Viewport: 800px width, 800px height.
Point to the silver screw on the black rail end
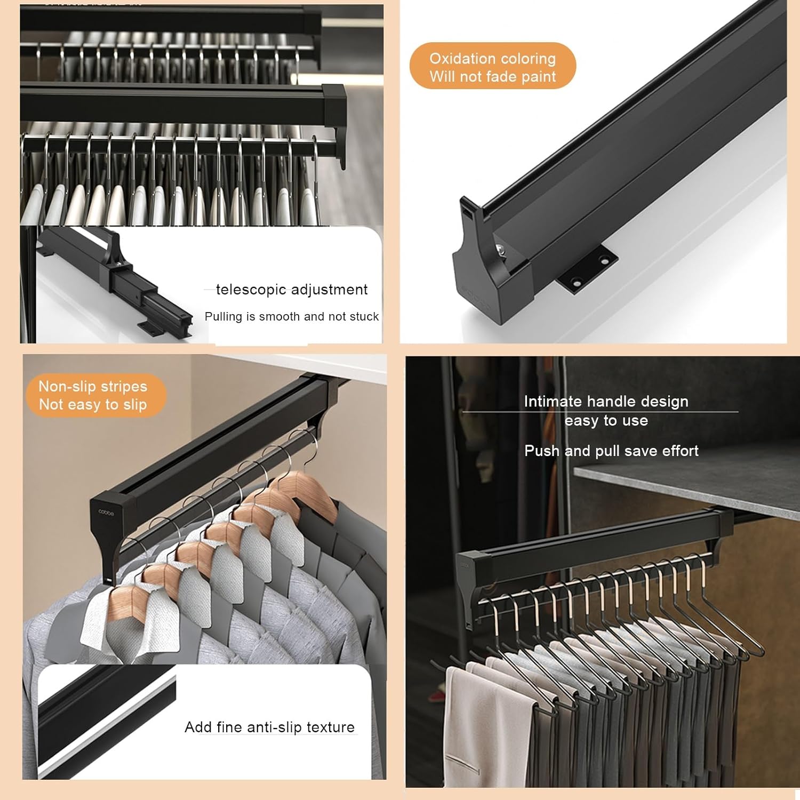500,249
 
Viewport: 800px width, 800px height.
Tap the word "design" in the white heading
665,402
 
